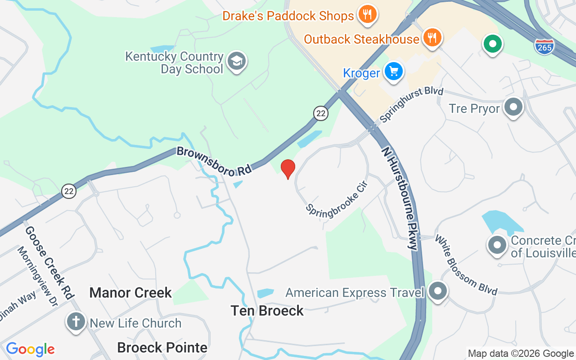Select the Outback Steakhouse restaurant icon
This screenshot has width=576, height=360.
[432, 38]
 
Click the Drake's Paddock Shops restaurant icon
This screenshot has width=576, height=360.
[368, 14]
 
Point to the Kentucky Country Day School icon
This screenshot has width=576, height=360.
[236, 62]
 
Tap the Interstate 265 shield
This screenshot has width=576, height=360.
[544, 46]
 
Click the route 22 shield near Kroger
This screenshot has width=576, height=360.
[320, 113]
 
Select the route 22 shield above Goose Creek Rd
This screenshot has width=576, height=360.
[69, 191]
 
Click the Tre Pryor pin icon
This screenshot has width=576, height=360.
[513, 108]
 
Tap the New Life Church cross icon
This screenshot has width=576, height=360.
[76, 322]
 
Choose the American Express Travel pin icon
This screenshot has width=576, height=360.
[437, 291]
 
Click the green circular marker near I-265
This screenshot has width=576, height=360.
[493, 45]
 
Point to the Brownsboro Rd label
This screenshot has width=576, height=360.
[213, 161]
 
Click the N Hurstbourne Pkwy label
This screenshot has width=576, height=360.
[400, 198]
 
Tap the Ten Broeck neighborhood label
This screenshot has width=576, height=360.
[267, 310]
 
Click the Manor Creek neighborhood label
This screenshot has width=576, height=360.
[130, 292]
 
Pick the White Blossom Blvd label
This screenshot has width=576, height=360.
[466, 265]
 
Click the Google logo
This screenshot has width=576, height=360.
[31, 349]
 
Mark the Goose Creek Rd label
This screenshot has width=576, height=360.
[49, 262]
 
